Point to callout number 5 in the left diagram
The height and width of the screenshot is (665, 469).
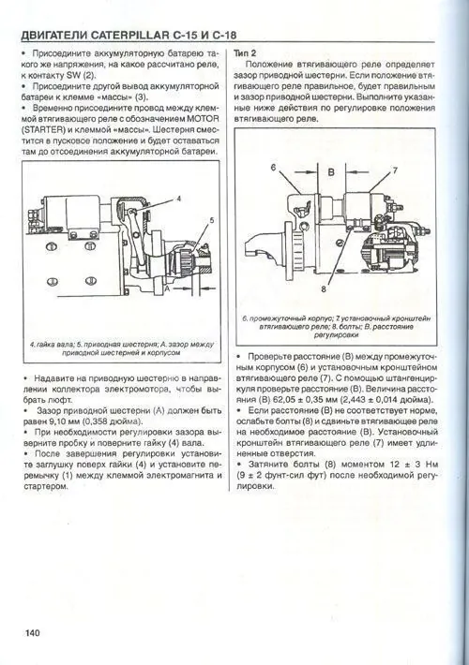[x=212, y=219]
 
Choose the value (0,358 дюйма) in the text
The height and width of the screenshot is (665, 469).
[x=122, y=422]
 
